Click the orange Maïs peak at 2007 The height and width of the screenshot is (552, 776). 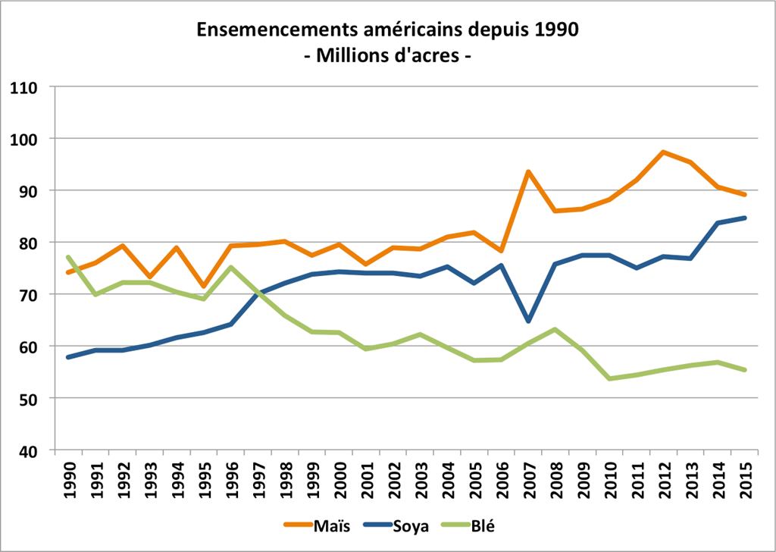pos(528,171)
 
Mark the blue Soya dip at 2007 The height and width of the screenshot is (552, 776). pos(528,321)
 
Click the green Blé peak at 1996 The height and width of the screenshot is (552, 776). pos(230,267)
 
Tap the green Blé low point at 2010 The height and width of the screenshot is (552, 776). pos(610,378)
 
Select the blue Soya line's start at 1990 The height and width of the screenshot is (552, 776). pos(68,356)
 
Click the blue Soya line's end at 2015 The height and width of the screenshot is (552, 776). pos(746,218)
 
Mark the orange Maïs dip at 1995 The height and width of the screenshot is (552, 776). pos(203,287)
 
